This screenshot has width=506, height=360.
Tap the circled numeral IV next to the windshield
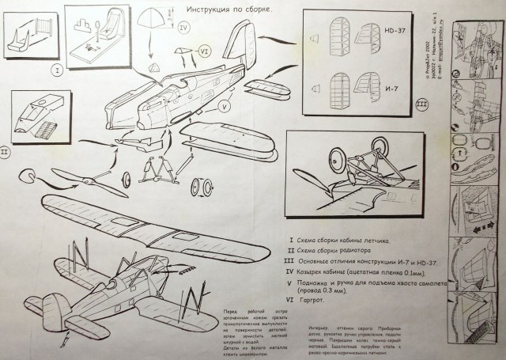[x=183, y=28]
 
